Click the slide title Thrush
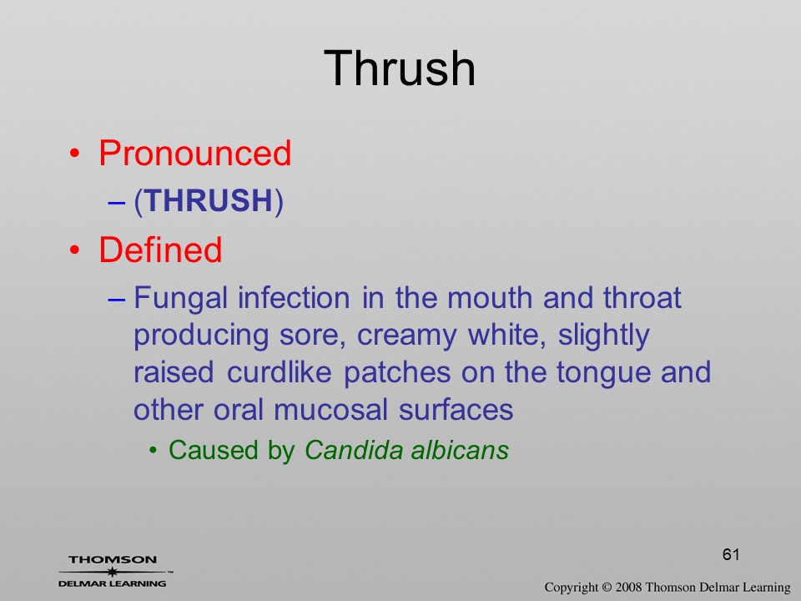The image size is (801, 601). point(400,68)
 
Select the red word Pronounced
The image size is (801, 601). point(194,153)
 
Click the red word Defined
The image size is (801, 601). point(160,250)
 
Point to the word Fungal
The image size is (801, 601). point(180,299)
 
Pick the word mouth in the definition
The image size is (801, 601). point(490,297)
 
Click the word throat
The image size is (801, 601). point(642,297)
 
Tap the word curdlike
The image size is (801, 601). point(279,372)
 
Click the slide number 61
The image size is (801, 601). point(731,554)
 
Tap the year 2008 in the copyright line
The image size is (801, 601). point(628,587)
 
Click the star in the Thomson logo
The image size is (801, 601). point(113,572)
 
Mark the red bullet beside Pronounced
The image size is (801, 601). point(75,154)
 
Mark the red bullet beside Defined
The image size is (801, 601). point(75,250)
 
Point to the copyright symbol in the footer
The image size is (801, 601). point(607,587)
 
